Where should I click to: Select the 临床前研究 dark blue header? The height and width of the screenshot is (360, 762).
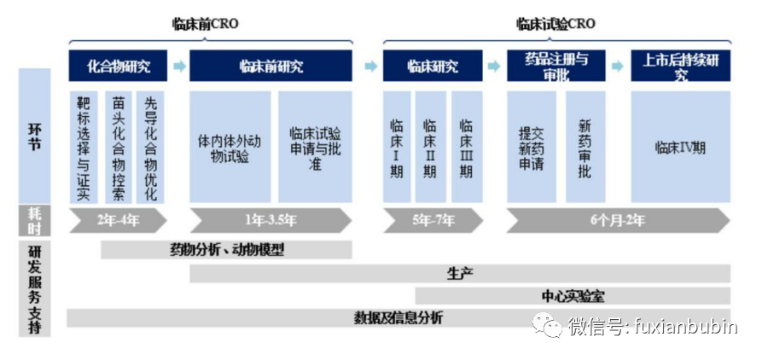click(x=270, y=66)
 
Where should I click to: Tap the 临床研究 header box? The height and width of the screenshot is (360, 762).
click(x=433, y=66)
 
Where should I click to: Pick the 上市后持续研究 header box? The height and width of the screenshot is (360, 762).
click(x=681, y=66)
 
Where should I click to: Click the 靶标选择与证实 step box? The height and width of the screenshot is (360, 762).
click(x=83, y=147)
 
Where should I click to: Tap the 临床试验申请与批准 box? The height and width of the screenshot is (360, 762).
click(x=315, y=147)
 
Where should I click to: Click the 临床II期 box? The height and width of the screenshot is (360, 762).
click(x=431, y=147)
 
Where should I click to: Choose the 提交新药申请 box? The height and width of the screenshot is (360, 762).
click(x=532, y=147)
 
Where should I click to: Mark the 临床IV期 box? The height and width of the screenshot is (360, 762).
click(x=681, y=147)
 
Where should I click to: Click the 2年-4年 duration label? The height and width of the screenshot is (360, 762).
click(x=118, y=220)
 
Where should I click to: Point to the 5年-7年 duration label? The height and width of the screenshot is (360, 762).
click(x=433, y=220)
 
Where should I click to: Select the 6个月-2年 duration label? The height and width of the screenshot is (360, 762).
click(x=618, y=220)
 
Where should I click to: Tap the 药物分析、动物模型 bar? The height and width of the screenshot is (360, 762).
click(x=226, y=250)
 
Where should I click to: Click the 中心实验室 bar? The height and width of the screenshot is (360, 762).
click(x=573, y=295)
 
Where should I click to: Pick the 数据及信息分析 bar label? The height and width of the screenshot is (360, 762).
click(x=398, y=318)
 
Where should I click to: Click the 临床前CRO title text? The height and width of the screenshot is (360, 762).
click(x=205, y=24)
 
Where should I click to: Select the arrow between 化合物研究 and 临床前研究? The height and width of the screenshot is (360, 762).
click(x=178, y=66)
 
